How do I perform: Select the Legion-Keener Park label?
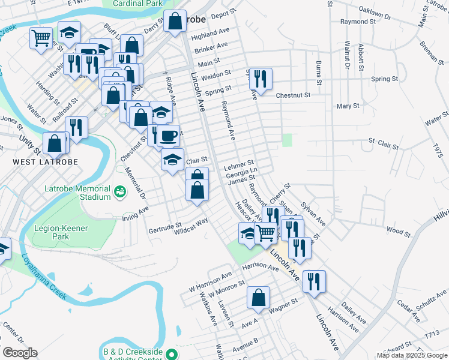click(x=61, y=232)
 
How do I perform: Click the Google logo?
click(x=19, y=353)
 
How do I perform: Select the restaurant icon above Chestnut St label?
click(x=261, y=79)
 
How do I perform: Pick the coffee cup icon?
click(x=168, y=136)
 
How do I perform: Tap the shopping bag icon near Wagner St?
click(x=258, y=297)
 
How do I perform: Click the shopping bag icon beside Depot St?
click(x=175, y=21)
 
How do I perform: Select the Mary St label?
click(x=348, y=106)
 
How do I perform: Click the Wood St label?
click(x=397, y=230)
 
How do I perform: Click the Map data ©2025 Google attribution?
click(x=411, y=355)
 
